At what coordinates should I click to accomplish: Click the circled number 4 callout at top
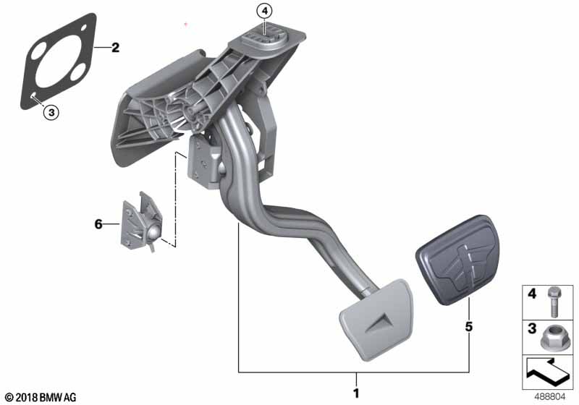click(264, 12)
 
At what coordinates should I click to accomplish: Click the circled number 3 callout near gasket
click(51, 112)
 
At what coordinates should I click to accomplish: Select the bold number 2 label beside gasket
click(116, 48)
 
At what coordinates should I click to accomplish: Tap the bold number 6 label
click(98, 224)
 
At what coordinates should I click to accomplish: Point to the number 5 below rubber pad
click(468, 327)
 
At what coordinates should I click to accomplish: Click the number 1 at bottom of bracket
click(356, 393)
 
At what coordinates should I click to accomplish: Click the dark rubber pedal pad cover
click(458, 260)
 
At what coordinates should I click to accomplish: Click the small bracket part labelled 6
click(141, 223)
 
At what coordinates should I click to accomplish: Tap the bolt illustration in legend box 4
click(553, 302)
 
